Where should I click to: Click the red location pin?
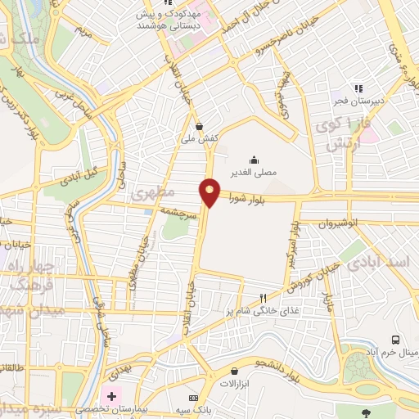(210, 191)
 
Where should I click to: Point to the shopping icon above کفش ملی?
(200, 126)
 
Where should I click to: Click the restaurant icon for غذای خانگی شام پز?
(263, 298)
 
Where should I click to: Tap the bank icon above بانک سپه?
(193, 397)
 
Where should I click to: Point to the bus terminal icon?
(397, 340)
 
